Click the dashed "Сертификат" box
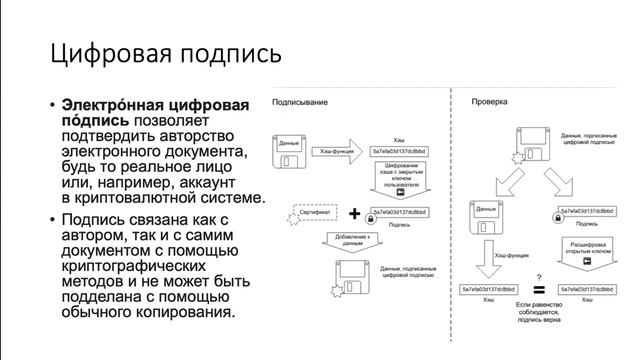[310, 213]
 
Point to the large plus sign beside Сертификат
[355, 213]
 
